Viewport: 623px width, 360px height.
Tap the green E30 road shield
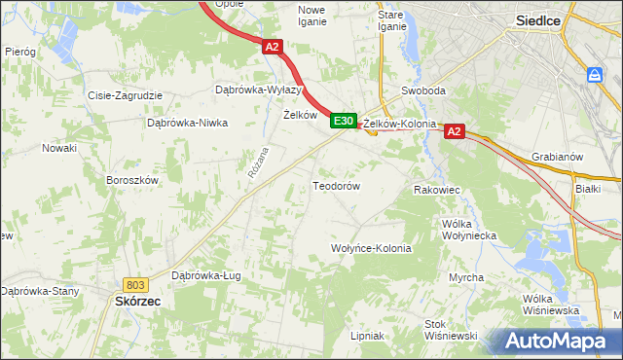point(342,121)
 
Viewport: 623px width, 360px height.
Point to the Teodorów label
point(336,185)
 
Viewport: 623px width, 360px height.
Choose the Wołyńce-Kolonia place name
point(372,248)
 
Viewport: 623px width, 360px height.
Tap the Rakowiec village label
point(436,190)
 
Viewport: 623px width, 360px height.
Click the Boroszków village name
point(131,180)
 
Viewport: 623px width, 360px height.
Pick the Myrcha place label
point(466,277)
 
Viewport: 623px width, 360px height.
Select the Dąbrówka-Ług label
point(205,275)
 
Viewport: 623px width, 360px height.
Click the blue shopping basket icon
point(595,75)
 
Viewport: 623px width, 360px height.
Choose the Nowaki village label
point(58,148)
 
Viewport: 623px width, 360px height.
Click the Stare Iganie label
point(391,20)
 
